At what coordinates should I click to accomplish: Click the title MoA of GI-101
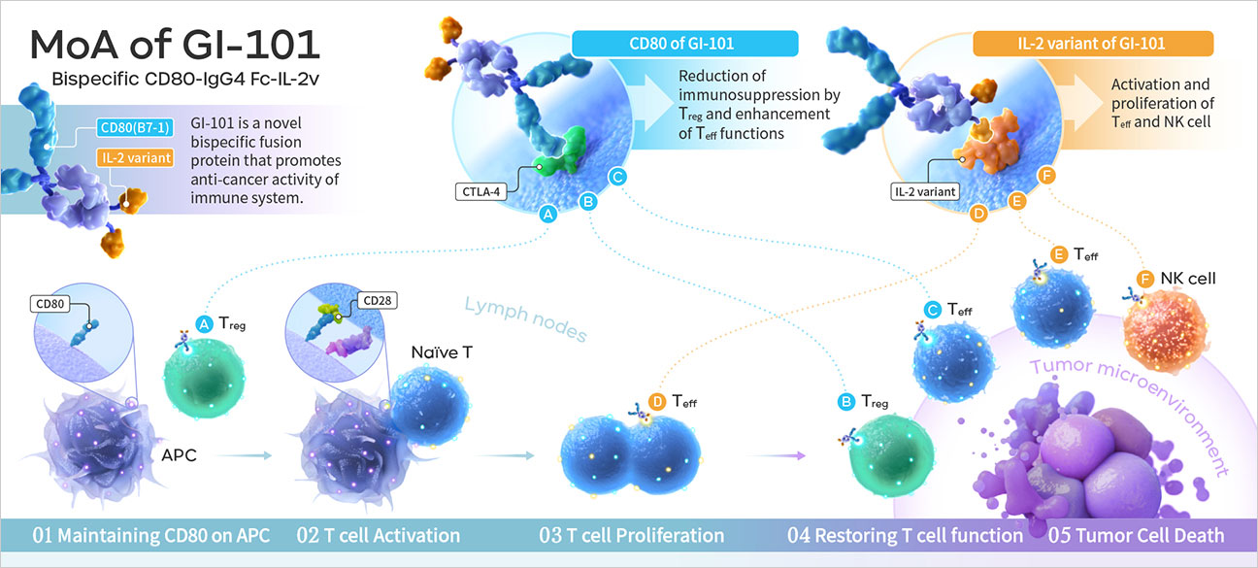pyautogui.click(x=176, y=44)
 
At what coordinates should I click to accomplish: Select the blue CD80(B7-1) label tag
pyautogui.click(x=134, y=128)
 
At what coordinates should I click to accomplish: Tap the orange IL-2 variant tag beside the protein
pyautogui.click(x=134, y=155)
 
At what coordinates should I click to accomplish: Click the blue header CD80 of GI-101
pyautogui.click(x=684, y=44)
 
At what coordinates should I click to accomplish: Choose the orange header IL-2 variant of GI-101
pyautogui.click(x=1092, y=44)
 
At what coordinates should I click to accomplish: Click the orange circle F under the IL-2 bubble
pyautogui.click(x=1045, y=176)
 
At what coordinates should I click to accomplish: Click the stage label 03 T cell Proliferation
pyautogui.click(x=632, y=535)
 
